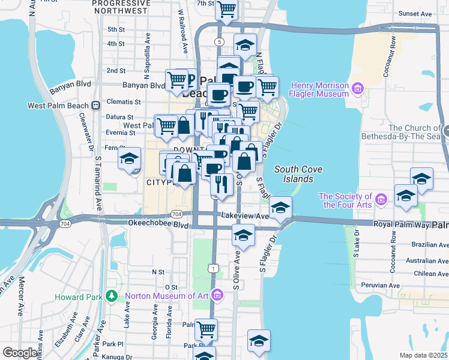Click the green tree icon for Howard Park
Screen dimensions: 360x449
tap(111, 296)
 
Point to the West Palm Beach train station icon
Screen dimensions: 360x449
tap(96, 106)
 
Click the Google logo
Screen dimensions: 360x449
tap(20, 352)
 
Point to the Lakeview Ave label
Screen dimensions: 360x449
tap(244, 215)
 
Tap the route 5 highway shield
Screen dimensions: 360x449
tap(220, 41)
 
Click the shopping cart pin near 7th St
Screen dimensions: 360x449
tap(226, 9)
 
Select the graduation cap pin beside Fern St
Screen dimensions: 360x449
tap(129, 160)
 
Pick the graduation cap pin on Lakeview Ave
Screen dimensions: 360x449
tap(280, 208)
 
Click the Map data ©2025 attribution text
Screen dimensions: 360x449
tap(424, 355)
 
